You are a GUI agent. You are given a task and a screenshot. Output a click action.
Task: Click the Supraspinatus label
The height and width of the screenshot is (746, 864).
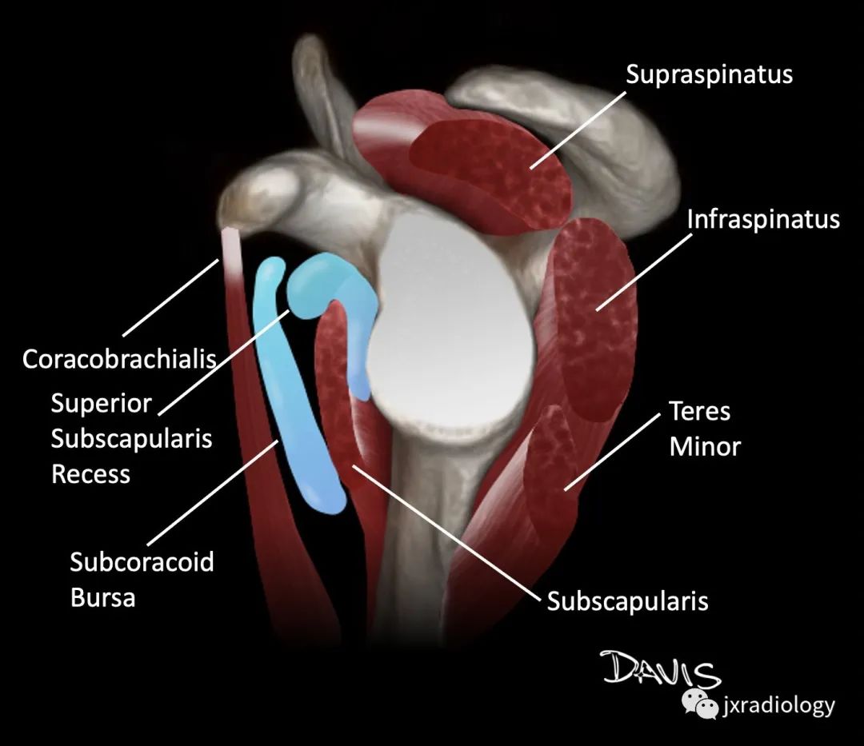[709, 75]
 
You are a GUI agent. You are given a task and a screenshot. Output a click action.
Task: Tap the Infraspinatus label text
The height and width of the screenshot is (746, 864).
[763, 220]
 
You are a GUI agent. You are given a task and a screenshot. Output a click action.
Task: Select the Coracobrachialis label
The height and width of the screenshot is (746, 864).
[119, 360]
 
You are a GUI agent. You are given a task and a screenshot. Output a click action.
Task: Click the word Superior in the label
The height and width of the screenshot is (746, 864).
[101, 404]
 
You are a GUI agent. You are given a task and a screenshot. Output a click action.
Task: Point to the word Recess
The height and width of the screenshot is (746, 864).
[91, 474]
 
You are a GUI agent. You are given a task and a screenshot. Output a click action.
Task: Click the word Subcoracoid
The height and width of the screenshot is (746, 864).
[142, 562]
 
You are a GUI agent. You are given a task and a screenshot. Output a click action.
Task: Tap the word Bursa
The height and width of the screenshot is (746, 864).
[102, 598]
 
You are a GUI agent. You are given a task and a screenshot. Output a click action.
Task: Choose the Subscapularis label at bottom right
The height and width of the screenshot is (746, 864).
[627, 601]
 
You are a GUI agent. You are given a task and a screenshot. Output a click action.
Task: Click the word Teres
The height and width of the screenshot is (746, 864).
[700, 411]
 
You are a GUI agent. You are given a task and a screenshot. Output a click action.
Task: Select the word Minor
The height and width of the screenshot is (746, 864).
[706, 447]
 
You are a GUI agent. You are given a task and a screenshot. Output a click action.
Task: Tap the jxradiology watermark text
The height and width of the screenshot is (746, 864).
[778, 706]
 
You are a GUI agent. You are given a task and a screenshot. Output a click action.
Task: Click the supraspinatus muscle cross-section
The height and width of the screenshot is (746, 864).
[490, 174]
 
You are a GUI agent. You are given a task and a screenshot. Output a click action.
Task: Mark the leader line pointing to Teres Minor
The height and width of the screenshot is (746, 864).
[612, 451]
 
